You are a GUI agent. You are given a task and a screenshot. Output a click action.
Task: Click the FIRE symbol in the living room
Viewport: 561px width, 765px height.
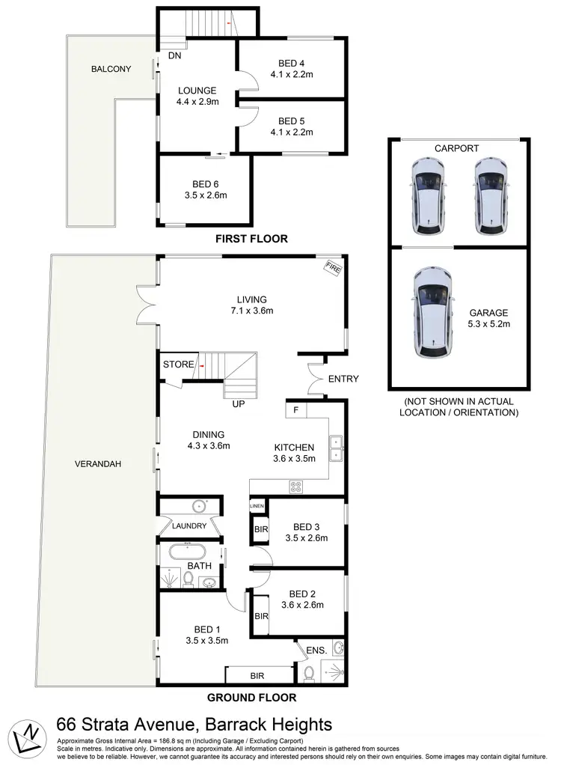point(331,266)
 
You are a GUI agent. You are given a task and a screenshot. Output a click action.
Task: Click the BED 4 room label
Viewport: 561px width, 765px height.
point(295,63)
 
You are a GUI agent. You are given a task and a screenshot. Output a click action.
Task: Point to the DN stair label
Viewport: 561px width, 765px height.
point(174,55)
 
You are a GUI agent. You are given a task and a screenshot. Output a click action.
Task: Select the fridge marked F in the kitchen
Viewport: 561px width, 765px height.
point(295,410)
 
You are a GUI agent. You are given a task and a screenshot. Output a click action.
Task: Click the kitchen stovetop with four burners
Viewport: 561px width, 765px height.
point(296,485)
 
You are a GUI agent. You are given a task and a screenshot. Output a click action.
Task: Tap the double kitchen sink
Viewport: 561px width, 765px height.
point(337,447)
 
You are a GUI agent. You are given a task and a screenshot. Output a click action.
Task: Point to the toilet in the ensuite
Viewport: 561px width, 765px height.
point(309,674)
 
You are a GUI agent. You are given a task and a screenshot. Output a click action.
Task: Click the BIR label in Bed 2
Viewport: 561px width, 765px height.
point(260,618)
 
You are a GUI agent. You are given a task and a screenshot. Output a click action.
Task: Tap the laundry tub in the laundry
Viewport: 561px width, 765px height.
point(198,506)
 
